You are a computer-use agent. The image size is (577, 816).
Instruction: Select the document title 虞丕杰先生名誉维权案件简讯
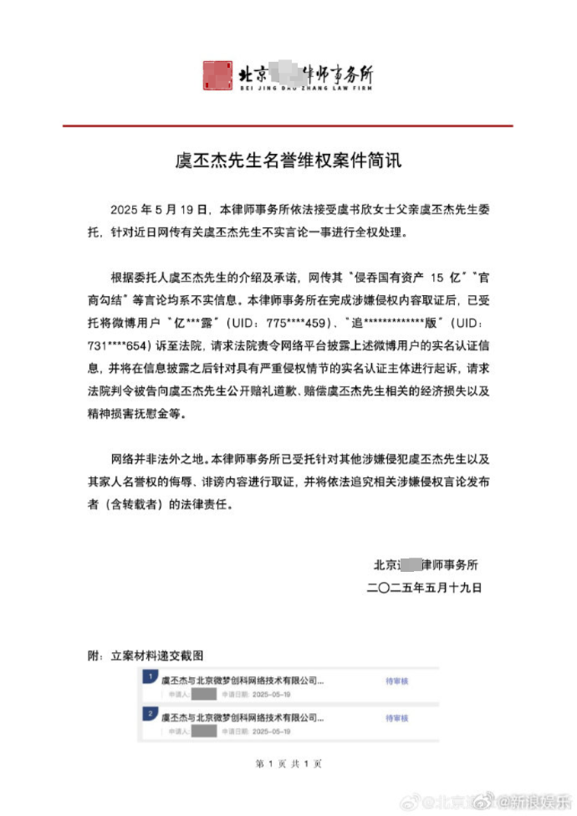pyautogui.click(x=288, y=160)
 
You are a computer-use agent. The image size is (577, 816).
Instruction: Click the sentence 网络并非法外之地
pyautogui.click(x=157, y=459)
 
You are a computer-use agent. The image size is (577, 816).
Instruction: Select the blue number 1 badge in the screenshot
pyautogui.click(x=148, y=676)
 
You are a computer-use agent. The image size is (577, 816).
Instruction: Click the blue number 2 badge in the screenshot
pyautogui.click(x=148, y=713)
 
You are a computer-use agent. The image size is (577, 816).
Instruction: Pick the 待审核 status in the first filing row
pyautogui.click(x=396, y=681)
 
